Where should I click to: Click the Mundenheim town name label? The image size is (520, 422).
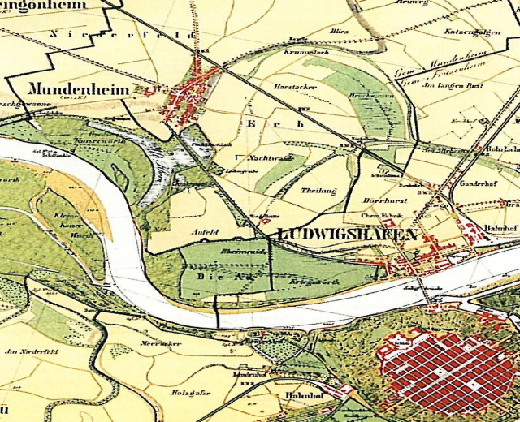point(79,89)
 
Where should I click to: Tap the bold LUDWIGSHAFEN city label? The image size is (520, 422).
point(348,235)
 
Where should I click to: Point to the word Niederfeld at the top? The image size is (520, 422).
point(123,35)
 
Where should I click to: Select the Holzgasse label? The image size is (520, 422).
point(188,394)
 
